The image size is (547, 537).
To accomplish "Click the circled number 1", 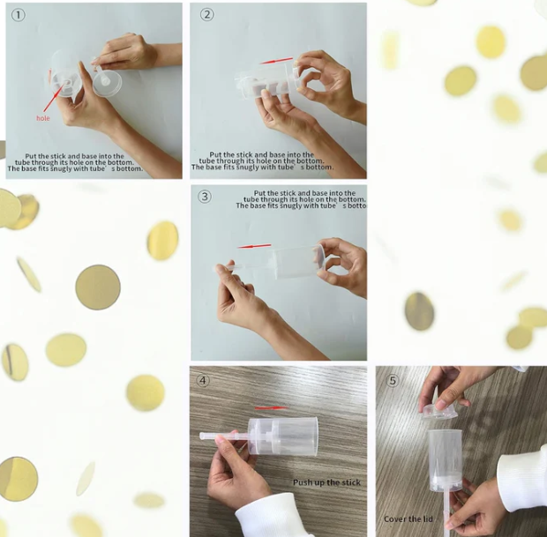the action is point(19,15).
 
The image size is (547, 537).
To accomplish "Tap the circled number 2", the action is point(206,15).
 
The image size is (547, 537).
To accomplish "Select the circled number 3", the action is point(205,197).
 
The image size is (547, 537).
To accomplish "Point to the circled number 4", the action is point(203,380).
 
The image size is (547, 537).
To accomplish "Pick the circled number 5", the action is point(393,380).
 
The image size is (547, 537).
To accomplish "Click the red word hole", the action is point(43,118).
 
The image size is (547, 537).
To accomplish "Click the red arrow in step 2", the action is point(276,61).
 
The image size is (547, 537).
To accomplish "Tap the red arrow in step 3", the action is point(254,246).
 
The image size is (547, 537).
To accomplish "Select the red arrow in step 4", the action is point(272,407).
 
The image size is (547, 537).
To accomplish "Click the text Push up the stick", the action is point(326,482).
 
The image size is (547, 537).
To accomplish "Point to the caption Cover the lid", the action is point(408,519).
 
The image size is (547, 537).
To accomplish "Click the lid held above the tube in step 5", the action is point(440,412).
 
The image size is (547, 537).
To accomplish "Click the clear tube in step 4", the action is point(283,436).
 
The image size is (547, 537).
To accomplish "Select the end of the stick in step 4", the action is point(200,436).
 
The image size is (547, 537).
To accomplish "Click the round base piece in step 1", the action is point(107,83).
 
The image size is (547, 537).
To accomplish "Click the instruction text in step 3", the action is point(301,199).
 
